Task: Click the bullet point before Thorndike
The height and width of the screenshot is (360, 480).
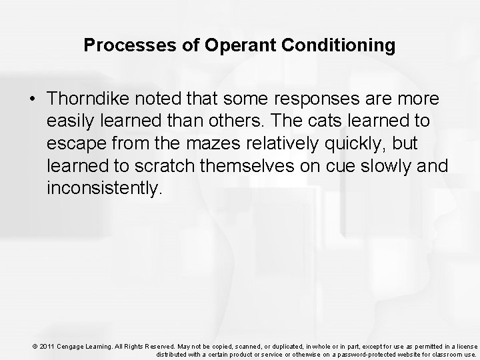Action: [32, 99]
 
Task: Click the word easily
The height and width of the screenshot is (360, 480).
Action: [71, 122]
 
